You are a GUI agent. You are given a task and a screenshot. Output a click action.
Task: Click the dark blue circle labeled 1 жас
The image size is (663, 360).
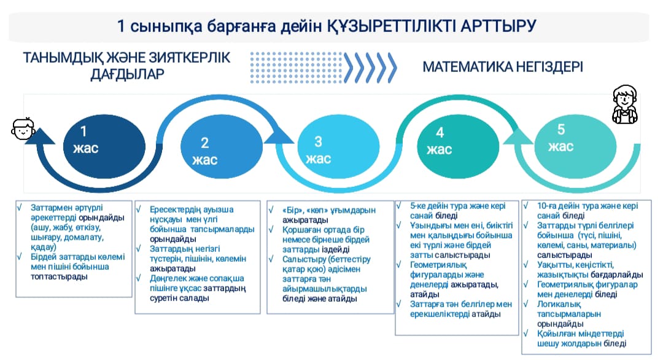tap(104, 146)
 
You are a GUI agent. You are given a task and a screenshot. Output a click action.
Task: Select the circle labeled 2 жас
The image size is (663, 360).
tap(222, 146)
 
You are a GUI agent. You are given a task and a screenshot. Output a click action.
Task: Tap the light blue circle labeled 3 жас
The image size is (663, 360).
tap(338, 146)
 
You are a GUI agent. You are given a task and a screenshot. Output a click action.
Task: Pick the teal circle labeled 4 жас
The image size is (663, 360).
tap(459, 146)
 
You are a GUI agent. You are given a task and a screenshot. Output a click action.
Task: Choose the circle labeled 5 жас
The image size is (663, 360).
tap(575, 146)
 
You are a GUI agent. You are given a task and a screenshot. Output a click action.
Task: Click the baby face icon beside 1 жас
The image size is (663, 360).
tap(23, 128)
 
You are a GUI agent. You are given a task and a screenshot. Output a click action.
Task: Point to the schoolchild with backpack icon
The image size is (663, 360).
tap(625, 104)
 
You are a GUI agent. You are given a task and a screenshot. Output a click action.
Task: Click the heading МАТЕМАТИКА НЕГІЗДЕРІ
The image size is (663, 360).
tap(503, 67)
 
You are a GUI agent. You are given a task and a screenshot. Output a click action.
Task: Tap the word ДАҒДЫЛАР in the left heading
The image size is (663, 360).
tap(127, 74)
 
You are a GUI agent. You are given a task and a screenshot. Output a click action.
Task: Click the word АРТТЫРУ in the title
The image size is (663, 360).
tap(498, 26)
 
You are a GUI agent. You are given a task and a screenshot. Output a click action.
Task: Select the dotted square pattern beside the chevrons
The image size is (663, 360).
tap(296, 67)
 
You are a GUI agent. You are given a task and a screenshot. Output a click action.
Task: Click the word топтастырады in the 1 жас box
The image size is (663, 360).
tap(59, 276)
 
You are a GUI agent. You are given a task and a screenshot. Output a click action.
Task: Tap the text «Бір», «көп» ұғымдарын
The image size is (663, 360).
tap(329, 210)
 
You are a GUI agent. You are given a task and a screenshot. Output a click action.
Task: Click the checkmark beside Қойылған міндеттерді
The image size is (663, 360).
tap(526, 334)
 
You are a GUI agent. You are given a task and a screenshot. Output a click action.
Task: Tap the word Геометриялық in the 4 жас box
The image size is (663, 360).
tap(438, 265)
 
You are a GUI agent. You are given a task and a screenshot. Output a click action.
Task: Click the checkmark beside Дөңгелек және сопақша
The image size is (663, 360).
tap(139, 278)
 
